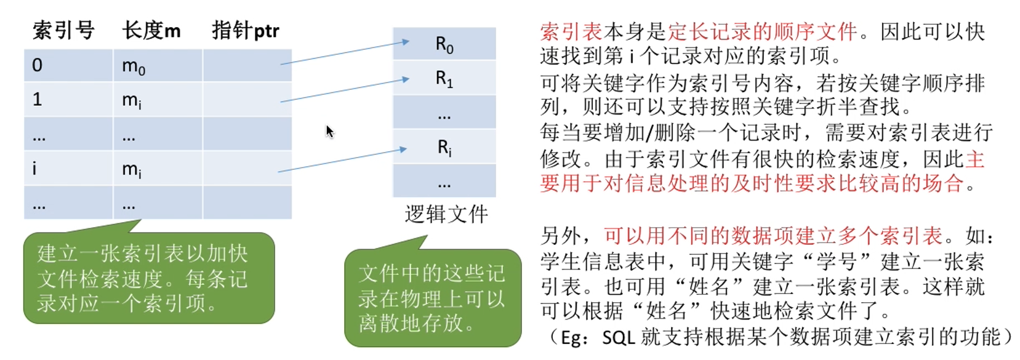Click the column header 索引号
click(63, 30)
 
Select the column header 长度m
click(151, 30)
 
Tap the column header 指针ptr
click(245, 30)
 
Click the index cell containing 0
click(38, 65)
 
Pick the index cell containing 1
click(38, 99)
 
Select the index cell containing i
click(34, 168)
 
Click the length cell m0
click(134, 66)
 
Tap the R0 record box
click(444, 44)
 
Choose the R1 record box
click(444, 78)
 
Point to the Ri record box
click(444, 147)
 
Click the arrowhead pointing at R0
click(405, 42)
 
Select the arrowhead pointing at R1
click(405, 79)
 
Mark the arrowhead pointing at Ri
click(403, 149)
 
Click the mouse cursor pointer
click(329, 131)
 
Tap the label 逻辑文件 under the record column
click(446, 214)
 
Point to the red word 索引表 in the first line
click(571, 31)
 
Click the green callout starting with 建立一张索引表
click(148, 278)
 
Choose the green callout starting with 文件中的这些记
click(432, 298)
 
